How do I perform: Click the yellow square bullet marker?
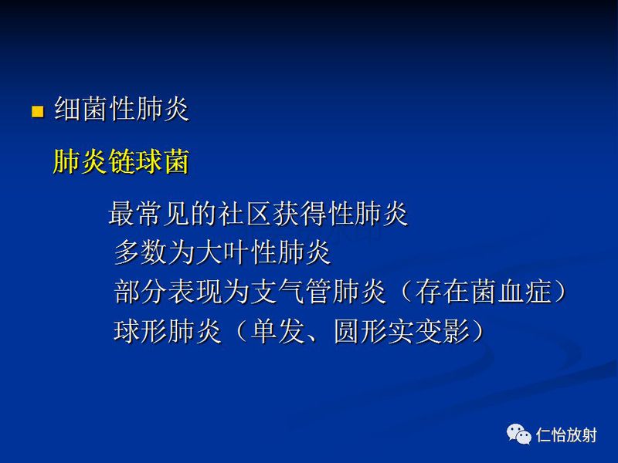point(36,112)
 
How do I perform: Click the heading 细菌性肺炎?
point(121,110)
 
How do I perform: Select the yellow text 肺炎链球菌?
point(121,163)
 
